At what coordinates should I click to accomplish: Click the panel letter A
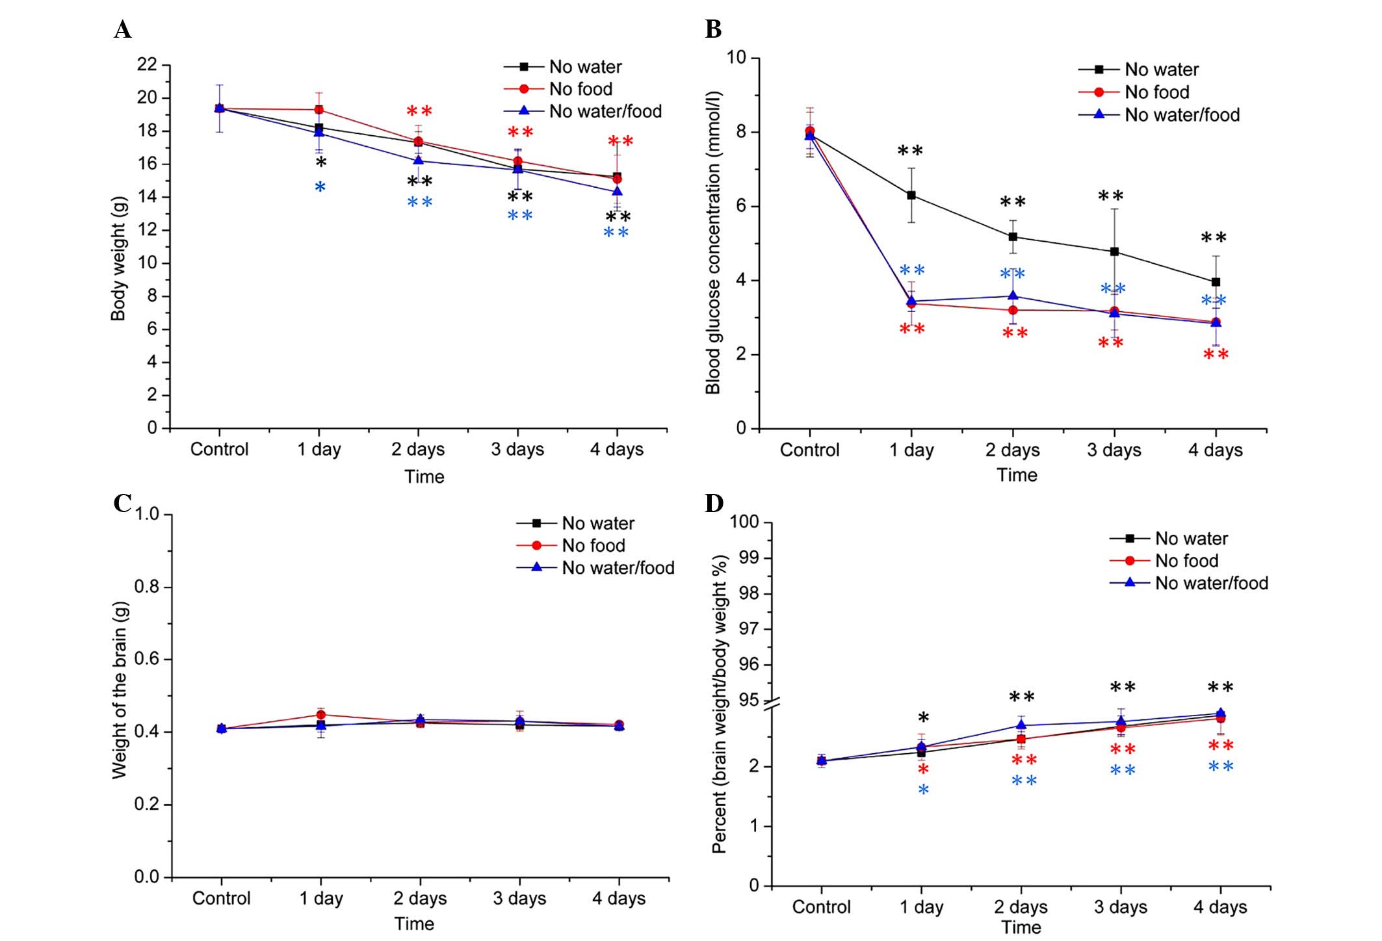[122, 30]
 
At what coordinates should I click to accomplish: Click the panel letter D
[714, 503]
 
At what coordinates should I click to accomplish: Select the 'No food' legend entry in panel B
[1156, 92]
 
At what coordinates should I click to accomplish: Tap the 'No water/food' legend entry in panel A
[605, 111]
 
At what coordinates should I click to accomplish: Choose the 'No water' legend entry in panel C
[597, 523]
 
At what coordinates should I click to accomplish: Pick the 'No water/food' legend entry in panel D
[1211, 583]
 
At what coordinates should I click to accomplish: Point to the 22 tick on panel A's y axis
[148, 65]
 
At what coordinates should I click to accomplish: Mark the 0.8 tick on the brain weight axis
[147, 587]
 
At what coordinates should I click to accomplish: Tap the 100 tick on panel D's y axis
[744, 522]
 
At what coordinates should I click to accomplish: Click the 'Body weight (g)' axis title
[118, 259]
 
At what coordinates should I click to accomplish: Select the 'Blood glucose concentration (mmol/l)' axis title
[714, 243]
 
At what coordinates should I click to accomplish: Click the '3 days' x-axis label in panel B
[1114, 450]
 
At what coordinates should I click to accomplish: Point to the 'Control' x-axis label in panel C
[221, 899]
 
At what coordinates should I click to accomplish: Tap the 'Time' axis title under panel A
[424, 477]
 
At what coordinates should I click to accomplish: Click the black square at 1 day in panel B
[911, 195]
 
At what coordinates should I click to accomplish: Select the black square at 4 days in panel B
[1216, 282]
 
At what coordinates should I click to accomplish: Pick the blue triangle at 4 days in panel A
[617, 191]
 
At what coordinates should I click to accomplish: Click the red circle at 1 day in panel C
[320, 715]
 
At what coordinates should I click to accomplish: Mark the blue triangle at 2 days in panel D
[1021, 725]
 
